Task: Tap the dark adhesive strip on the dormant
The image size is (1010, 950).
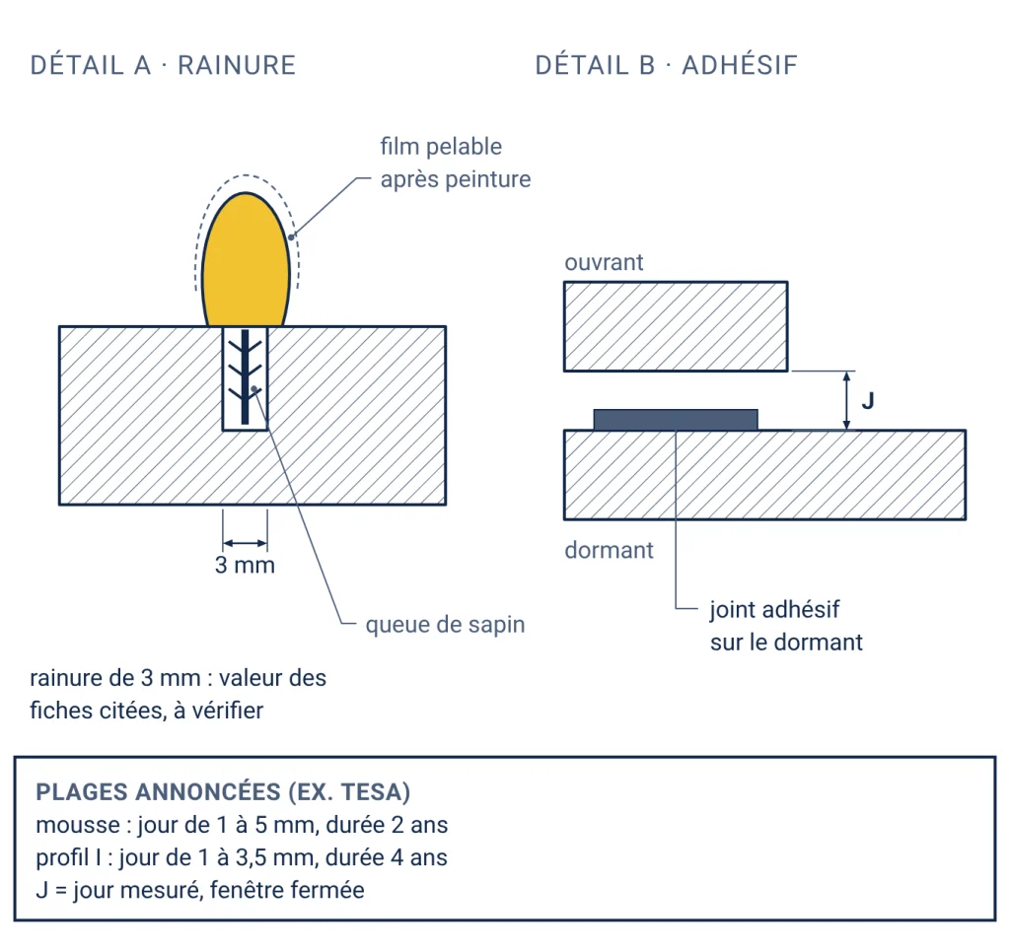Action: click(675, 420)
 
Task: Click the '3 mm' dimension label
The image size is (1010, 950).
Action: click(245, 565)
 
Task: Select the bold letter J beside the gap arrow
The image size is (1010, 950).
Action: click(868, 401)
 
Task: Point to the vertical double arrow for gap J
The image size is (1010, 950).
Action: click(846, 400)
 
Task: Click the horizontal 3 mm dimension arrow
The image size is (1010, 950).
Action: click(245, 543)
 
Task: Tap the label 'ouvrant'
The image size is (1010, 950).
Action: click(604, 262)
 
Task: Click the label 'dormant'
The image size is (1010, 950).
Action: click(609, 550)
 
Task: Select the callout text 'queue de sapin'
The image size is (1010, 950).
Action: click(445, 625)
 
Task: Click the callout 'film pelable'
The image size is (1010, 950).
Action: click(441, 147)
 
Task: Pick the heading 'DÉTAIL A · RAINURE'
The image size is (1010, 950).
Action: click(163, 65)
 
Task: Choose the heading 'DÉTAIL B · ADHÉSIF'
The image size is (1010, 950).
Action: click(667, 65)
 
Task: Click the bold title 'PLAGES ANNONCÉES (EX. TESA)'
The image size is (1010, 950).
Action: click(223, 791)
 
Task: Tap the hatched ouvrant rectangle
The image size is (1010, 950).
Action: click(676, 326)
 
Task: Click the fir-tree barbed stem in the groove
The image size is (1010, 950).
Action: click(245, 377)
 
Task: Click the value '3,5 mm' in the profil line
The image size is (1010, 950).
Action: click(277, 858)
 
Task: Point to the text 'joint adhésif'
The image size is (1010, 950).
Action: click(775, 610)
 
